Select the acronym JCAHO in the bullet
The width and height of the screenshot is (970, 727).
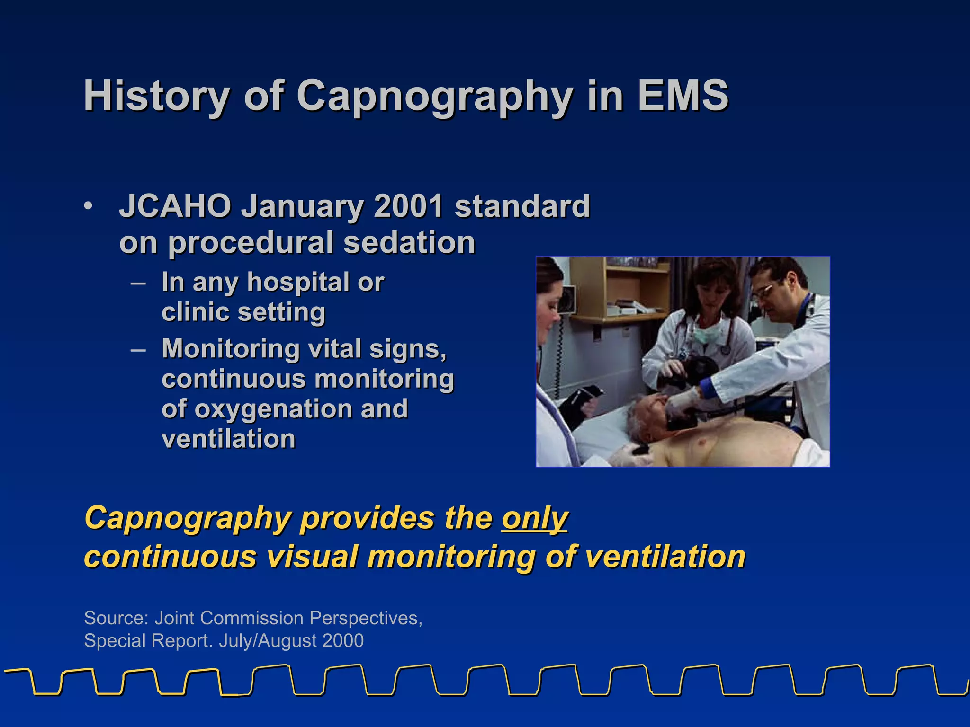(x=175, y=206)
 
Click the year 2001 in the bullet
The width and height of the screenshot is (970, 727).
(x=408, y=206)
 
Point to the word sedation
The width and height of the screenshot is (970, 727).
(x=409, y=243)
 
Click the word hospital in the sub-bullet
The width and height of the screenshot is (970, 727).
(x=298, y=283)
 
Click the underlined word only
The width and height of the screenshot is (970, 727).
(x=535, y=519)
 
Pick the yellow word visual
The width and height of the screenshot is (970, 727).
(x=311, y=557)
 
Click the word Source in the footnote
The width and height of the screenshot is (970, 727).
(x=116, y=618)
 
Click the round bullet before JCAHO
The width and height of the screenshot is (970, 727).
(x=88, y=206)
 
